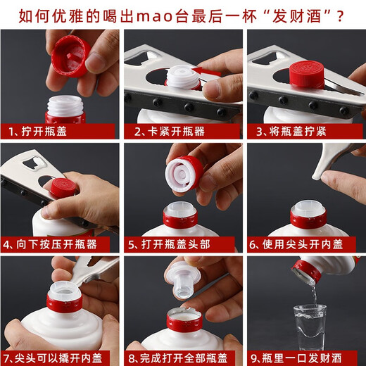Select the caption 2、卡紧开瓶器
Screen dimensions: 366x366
168,131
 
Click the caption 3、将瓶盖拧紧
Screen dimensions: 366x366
290,131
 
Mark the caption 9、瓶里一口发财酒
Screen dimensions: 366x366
302,358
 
